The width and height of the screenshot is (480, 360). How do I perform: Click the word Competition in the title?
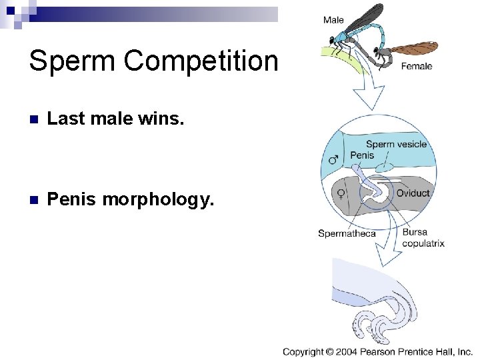pyautogui.click(x=201, y=61)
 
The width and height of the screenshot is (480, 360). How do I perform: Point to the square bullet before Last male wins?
pyautogui.click(x=34, y=119)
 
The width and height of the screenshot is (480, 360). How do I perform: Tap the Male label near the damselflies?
pyautogui.click(x=333, y=20)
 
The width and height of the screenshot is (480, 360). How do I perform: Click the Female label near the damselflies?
pyautogui.click(x=417, y=66)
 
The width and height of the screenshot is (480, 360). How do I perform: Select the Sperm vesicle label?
pyautogui.click(x=396, y=144)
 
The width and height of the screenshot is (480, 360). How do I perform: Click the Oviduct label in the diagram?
pyautogui.click(x=413, y=193)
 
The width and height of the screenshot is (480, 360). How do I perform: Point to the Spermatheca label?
pyautogui.click(x=347, y=233)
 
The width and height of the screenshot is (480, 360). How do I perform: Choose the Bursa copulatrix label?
pyautogui.click(x=423, y=238)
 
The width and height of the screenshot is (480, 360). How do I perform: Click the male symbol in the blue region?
pyautogui.click(x=333, y=160)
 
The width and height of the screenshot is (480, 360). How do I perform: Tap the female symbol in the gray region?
pyautogui.click(x=341, y=193)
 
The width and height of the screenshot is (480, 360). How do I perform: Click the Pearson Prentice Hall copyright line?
pyautogui.click(x=377, y=351)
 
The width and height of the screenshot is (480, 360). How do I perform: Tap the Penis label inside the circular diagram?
pyautogui.click(x=362, y=155)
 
